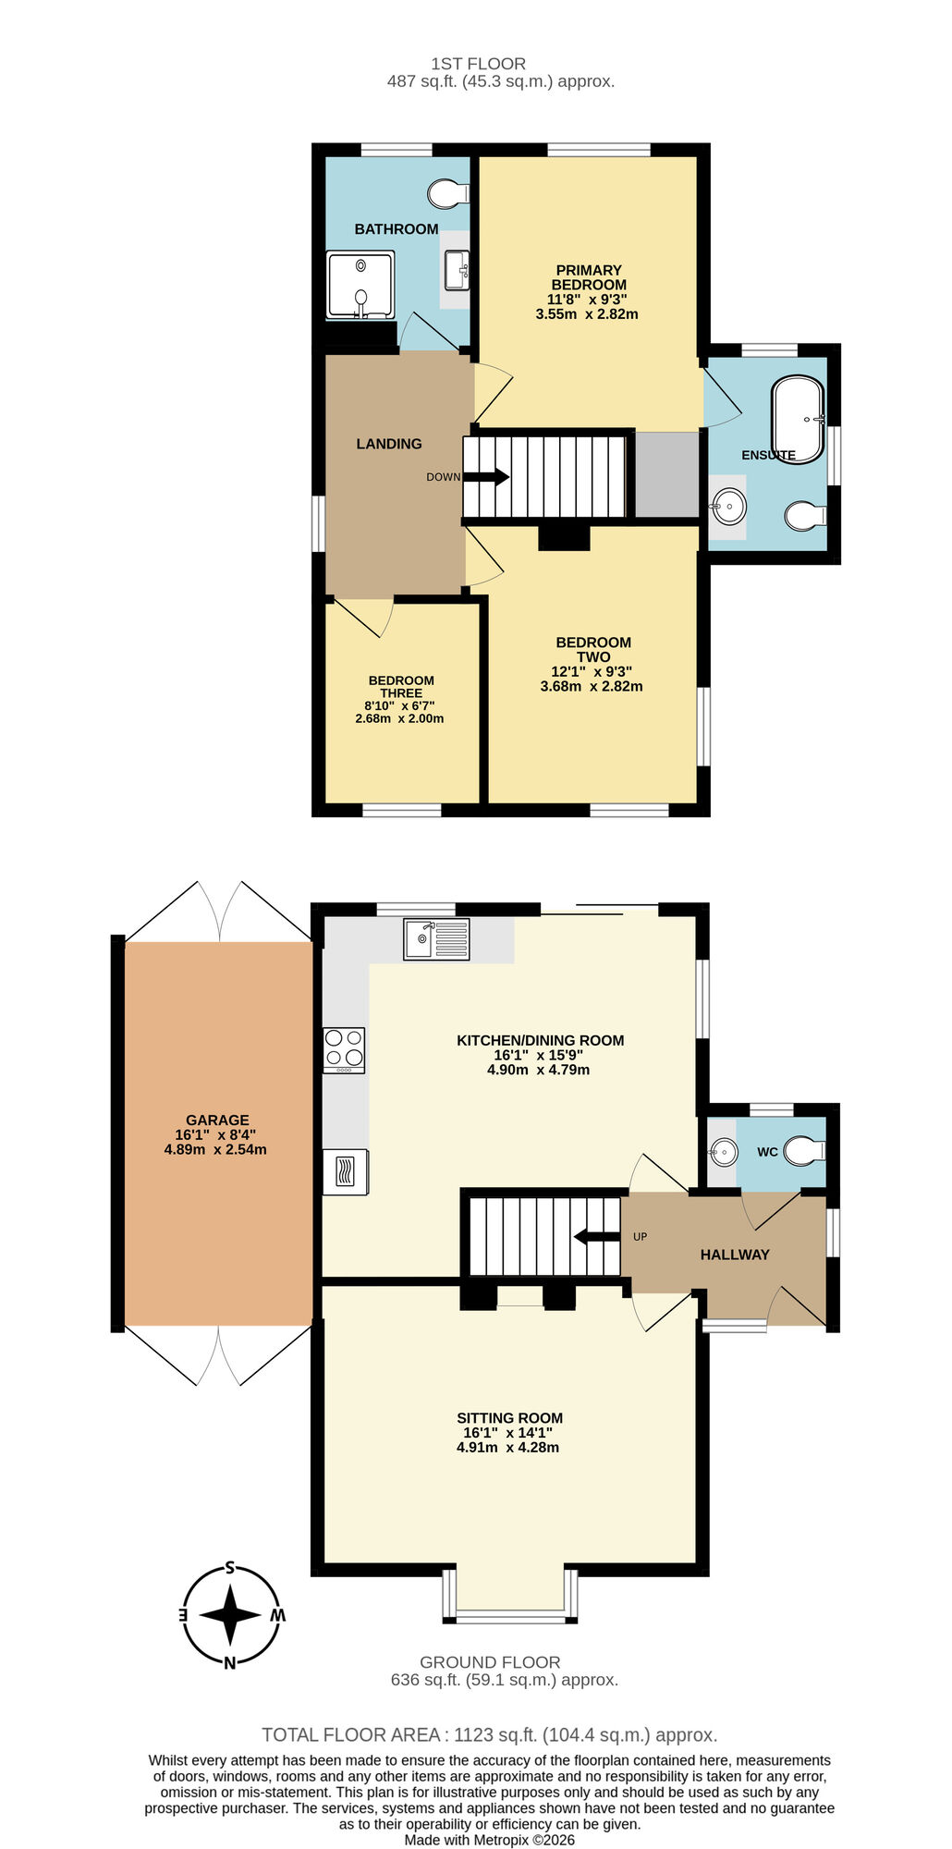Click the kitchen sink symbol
436,938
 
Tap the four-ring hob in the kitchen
344,1050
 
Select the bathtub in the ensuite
798,419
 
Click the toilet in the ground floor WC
804,1151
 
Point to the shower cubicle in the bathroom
360,287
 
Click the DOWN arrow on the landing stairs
486,477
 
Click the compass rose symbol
230,1615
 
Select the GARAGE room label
217,1120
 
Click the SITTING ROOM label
509,1417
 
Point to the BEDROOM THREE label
400,686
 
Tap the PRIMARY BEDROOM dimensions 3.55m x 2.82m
587,314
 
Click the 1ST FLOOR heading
478,64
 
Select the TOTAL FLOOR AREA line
489,1734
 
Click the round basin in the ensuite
728,506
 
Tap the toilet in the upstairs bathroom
448,193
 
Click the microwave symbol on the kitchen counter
345,1172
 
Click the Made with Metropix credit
489,1840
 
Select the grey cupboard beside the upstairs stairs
665,474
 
